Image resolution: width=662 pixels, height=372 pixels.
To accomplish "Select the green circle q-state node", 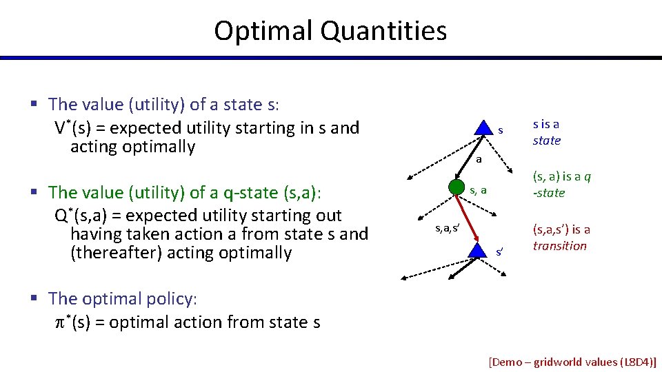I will coord(456,187).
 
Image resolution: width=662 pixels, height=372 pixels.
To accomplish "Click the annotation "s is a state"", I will coord(546,132).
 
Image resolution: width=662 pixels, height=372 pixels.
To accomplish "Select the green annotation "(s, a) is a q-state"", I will coord(561,185).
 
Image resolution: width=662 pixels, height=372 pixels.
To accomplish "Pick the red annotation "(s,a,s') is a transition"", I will coord(561,238).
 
